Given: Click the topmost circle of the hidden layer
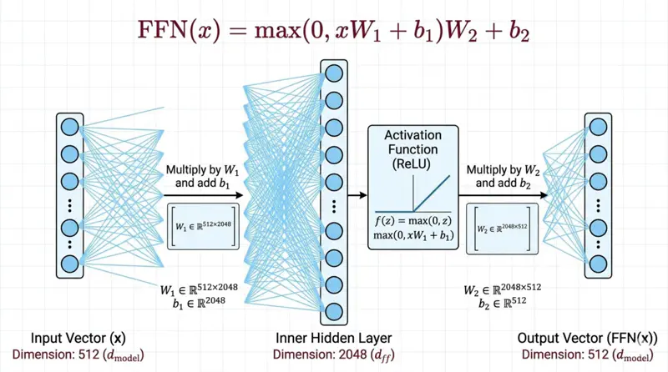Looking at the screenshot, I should [333, 71].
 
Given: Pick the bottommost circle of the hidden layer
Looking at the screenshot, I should [333, 312].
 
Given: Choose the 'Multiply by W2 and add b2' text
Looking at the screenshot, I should [503, 176].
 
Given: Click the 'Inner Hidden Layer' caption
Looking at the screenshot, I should [333, 338].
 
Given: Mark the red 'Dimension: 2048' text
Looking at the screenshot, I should [333, 354].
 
